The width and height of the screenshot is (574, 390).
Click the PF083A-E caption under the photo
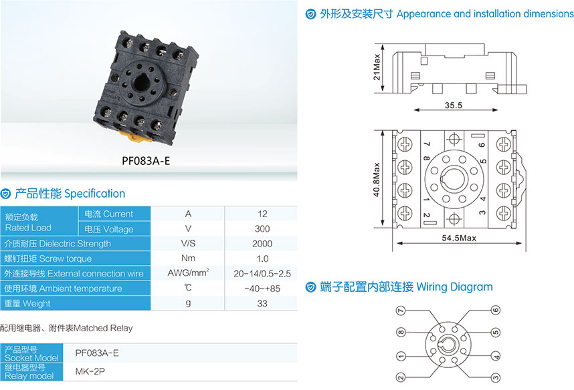(146, 161)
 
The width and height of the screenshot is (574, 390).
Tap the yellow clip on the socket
(135, 136)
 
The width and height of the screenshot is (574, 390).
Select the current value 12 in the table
(262, 214)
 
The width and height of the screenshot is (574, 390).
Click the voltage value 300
(262, 229)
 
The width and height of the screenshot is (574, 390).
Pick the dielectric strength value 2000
(262, 244)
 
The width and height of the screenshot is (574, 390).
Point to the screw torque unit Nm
(188, 258)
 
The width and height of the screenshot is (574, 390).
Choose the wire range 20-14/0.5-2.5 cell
(262, 273)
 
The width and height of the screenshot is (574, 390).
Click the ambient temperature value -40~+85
(262, 288)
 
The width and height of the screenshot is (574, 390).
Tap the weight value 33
(262, 303)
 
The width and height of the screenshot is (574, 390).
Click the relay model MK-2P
(90, 371)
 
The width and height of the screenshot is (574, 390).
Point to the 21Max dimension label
(377, 67)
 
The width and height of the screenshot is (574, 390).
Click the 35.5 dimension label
(454, 106)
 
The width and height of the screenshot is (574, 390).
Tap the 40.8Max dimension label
(377, 180)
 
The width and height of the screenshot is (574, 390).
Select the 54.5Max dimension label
(459, 238)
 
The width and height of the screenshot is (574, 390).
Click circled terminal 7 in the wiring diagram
(401, 311)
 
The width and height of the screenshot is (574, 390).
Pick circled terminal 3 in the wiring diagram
(496, 377)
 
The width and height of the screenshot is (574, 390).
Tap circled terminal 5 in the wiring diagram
(496, 333)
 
